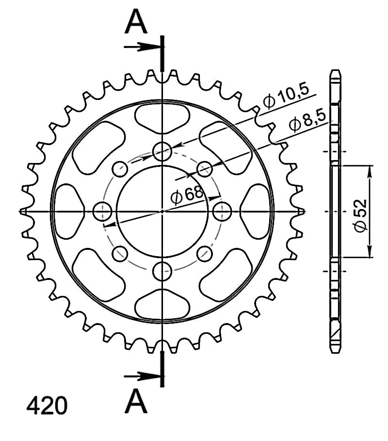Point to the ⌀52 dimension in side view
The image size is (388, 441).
click(361, 216)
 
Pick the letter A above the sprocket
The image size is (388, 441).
click(136, 21)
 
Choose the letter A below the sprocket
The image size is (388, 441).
click(136, 401)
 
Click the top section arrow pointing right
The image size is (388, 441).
click(142, 47)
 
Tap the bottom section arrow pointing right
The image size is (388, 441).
click(142, 376)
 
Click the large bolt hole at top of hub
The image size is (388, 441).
click(162, 151)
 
